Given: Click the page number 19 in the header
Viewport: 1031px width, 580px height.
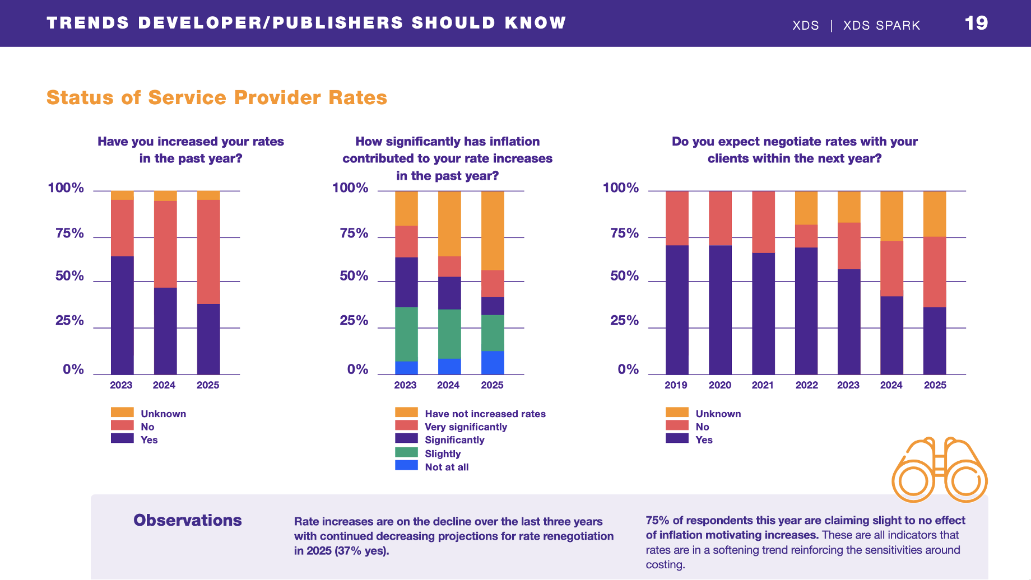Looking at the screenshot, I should point(976,23).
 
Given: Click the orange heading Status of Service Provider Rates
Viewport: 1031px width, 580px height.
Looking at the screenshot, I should point(217,97).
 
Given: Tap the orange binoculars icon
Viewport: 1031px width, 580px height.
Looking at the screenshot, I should point(939,470).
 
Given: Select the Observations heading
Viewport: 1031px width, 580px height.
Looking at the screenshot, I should point(188,520).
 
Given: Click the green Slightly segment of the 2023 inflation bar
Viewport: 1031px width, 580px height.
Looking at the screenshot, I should point(406,334).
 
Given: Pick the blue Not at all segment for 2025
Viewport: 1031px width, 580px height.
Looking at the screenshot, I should point(493,363).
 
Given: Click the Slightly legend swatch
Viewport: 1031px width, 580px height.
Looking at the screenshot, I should point(406,452).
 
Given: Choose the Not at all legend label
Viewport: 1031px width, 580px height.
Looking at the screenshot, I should point(447,467).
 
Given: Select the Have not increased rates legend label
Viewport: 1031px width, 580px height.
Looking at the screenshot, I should point(485,414).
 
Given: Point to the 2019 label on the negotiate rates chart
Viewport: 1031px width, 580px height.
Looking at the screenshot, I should point(676,385).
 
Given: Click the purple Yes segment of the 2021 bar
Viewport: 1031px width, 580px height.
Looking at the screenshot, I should point(763,314).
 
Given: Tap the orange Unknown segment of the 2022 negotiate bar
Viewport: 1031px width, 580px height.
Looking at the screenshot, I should point(806,208).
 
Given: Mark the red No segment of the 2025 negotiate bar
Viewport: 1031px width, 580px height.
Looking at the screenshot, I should point(935,272).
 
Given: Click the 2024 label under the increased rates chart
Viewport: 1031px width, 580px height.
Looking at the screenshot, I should point(164,385).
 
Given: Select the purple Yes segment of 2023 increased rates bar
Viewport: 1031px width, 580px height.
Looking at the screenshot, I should point(122,315).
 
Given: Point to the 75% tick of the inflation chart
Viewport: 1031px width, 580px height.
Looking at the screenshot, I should point(354,233).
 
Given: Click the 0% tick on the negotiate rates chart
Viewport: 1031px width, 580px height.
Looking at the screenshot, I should point(628,369).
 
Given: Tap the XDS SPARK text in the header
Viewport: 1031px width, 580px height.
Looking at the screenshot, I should point(881,25).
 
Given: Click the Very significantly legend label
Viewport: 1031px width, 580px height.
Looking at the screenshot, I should point(466,427).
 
